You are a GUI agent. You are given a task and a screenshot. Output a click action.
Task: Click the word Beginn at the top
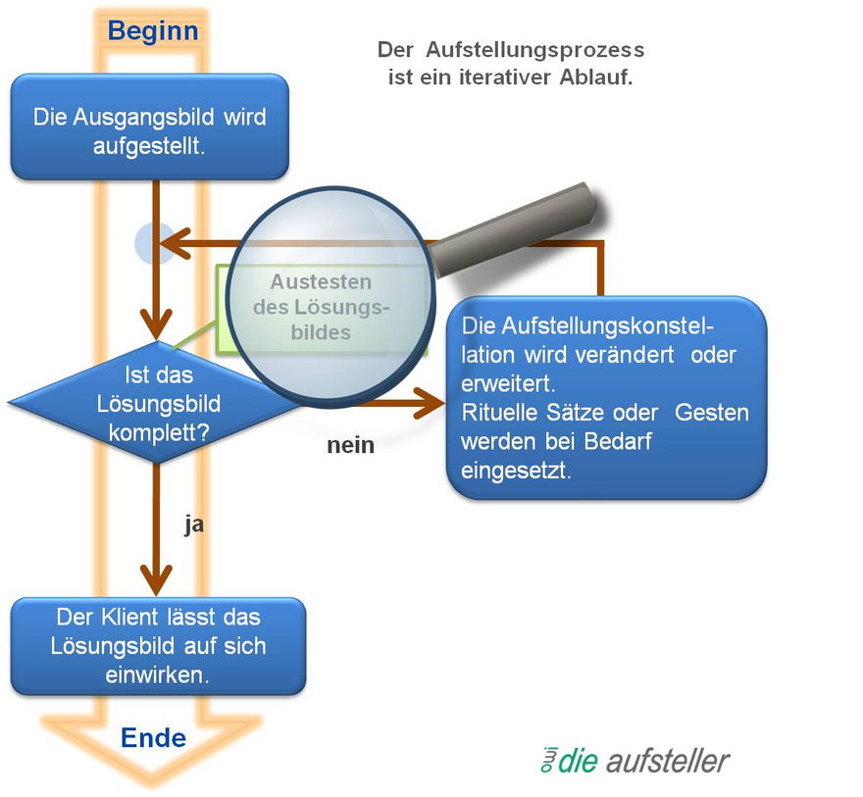(x=153, y=31)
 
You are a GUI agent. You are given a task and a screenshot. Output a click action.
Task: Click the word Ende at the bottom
(x=153, y=736)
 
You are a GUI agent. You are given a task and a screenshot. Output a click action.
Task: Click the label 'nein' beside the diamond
(x=350, y=445)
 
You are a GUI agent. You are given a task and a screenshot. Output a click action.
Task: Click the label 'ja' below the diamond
(x=194, y=524)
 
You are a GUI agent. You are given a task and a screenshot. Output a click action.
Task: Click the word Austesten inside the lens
(x=308, y=282)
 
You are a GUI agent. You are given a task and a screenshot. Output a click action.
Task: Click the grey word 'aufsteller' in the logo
(x=668, y=761)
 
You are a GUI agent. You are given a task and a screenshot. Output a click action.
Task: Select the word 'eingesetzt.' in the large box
(x=510, y=470)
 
